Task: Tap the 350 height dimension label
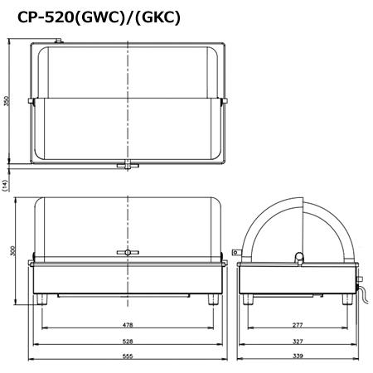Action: click(7, 101)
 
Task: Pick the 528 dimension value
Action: click(128, 342)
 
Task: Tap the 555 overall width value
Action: click(128, 357)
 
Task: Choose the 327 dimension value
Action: click(297, 342)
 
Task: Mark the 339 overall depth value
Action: click(297, 357)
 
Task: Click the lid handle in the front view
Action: click(128, 252)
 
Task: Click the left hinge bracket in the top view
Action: click(31, 101)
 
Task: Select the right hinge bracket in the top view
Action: click(225, 101)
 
